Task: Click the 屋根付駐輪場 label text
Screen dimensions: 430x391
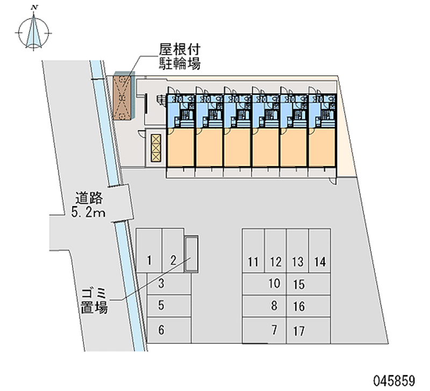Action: (179, 56)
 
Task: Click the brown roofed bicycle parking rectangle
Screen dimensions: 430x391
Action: (123, 97)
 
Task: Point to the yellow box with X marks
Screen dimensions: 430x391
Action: (156, 147)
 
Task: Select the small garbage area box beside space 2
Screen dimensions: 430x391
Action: (191, 255)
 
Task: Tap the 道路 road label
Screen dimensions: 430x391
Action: (89, 197)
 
